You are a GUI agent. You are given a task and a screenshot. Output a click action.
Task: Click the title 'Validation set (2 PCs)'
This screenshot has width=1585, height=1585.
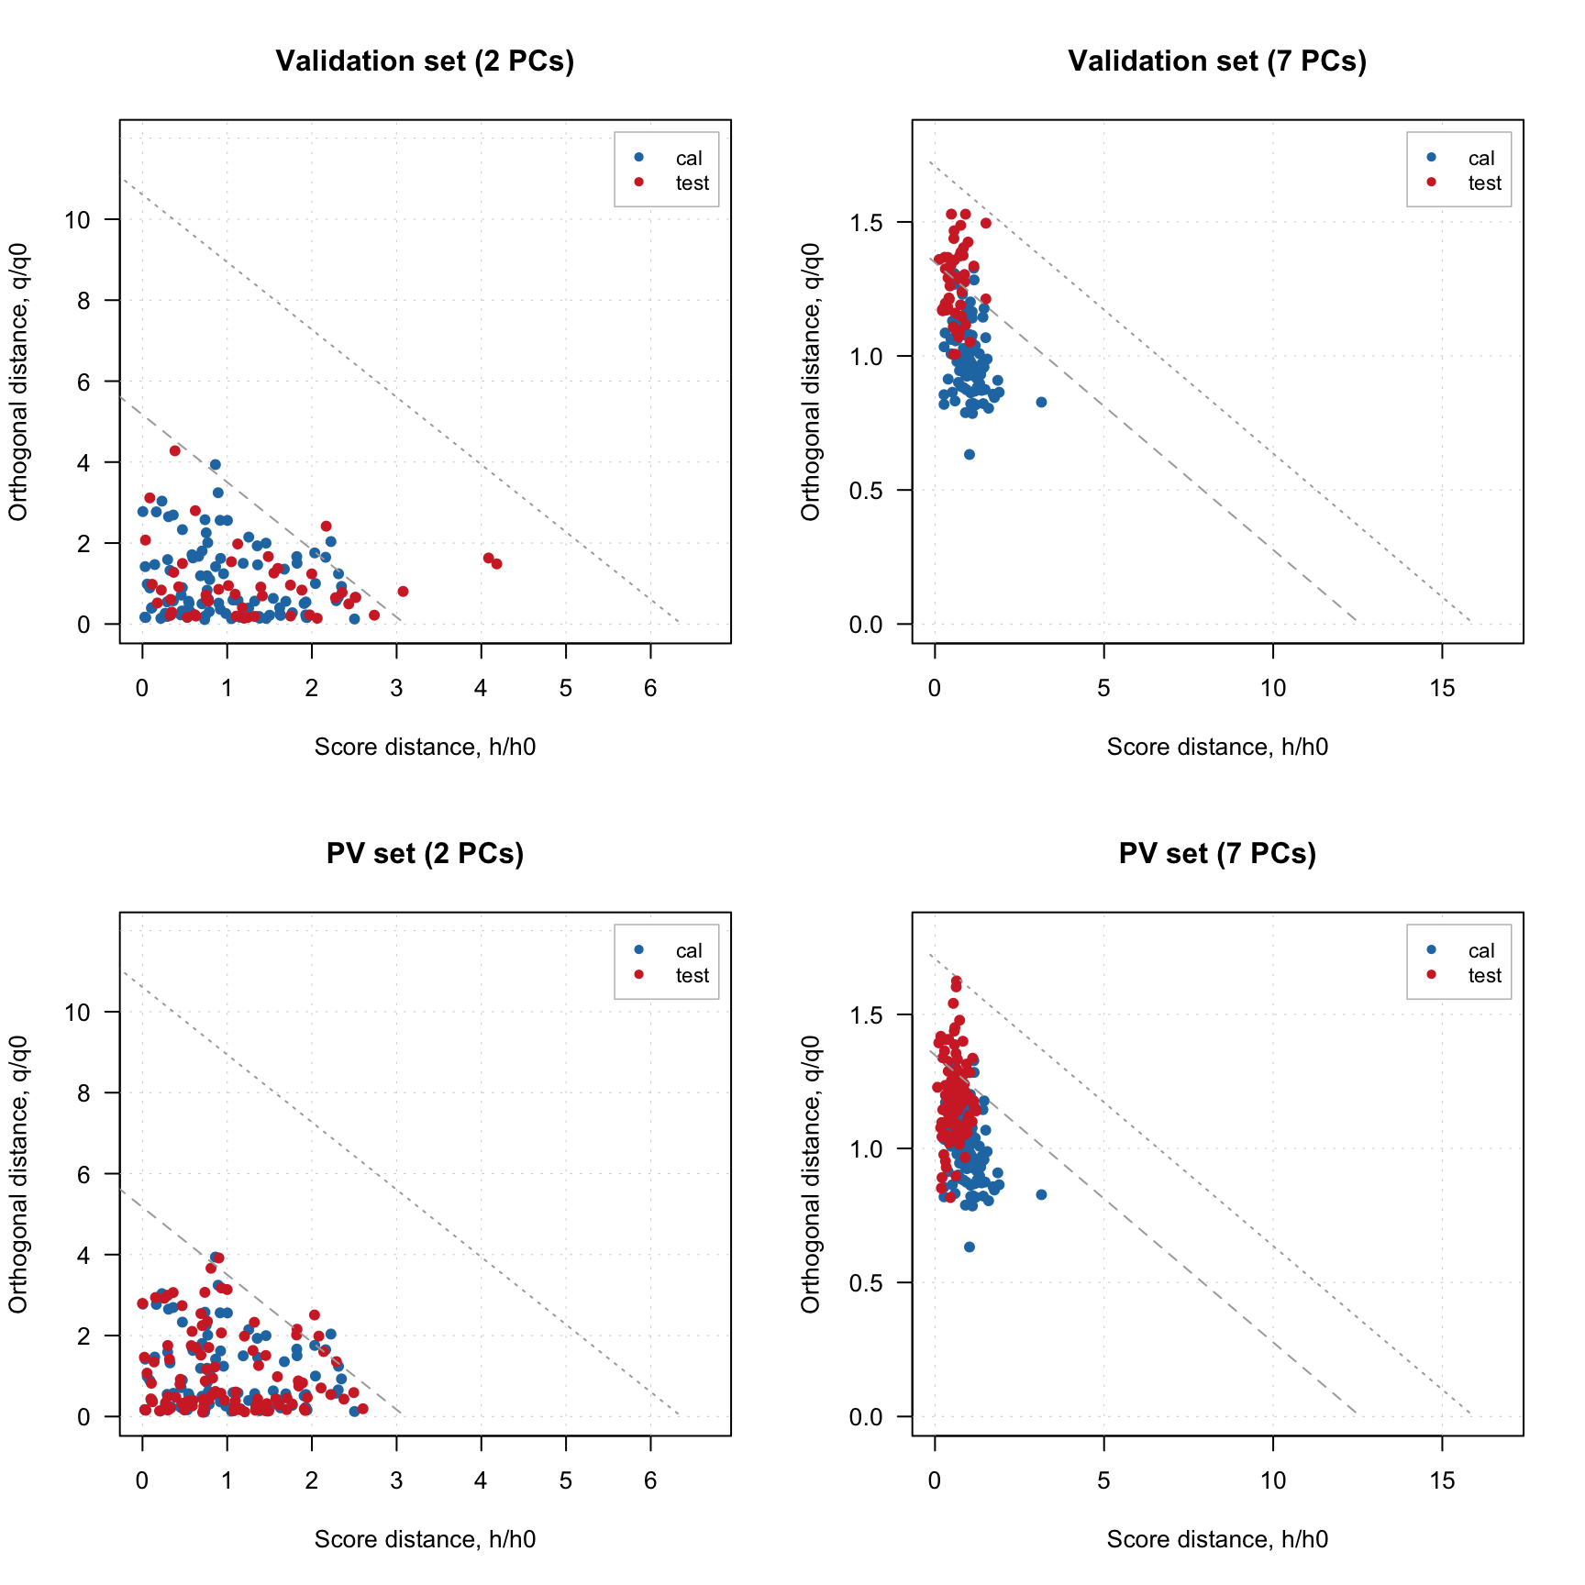coord(425,61)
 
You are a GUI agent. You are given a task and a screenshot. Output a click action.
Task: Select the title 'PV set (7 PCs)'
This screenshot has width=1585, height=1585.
coord(1217,854)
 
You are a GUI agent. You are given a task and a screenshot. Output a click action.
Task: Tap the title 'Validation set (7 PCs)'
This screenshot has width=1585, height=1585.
coord(1217,61)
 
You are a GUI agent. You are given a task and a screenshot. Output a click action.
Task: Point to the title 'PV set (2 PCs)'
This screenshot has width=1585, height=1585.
coord(425,854)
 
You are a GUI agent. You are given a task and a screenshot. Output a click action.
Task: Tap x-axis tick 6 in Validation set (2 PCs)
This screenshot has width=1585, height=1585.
coord(650,688)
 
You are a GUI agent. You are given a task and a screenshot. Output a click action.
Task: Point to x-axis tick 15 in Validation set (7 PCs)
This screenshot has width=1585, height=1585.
coord(1442,688)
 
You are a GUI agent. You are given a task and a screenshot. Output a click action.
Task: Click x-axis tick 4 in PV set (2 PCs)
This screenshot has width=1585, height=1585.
coord(481,1480)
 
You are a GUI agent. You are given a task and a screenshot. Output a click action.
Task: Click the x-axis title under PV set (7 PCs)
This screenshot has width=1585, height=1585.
coord(1217,1539)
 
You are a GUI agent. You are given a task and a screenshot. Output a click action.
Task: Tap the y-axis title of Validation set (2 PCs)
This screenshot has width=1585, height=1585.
coord(18,382)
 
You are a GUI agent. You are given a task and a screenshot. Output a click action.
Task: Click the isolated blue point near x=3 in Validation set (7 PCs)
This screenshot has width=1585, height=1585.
coord(1041,403)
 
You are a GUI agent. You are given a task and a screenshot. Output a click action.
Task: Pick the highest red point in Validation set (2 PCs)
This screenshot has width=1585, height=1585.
coord(174,451)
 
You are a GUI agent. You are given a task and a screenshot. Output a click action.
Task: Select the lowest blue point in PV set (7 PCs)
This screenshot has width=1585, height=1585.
coord(970,1247)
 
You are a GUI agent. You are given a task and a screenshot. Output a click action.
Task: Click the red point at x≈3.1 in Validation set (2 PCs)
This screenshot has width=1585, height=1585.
coord(403,592)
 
